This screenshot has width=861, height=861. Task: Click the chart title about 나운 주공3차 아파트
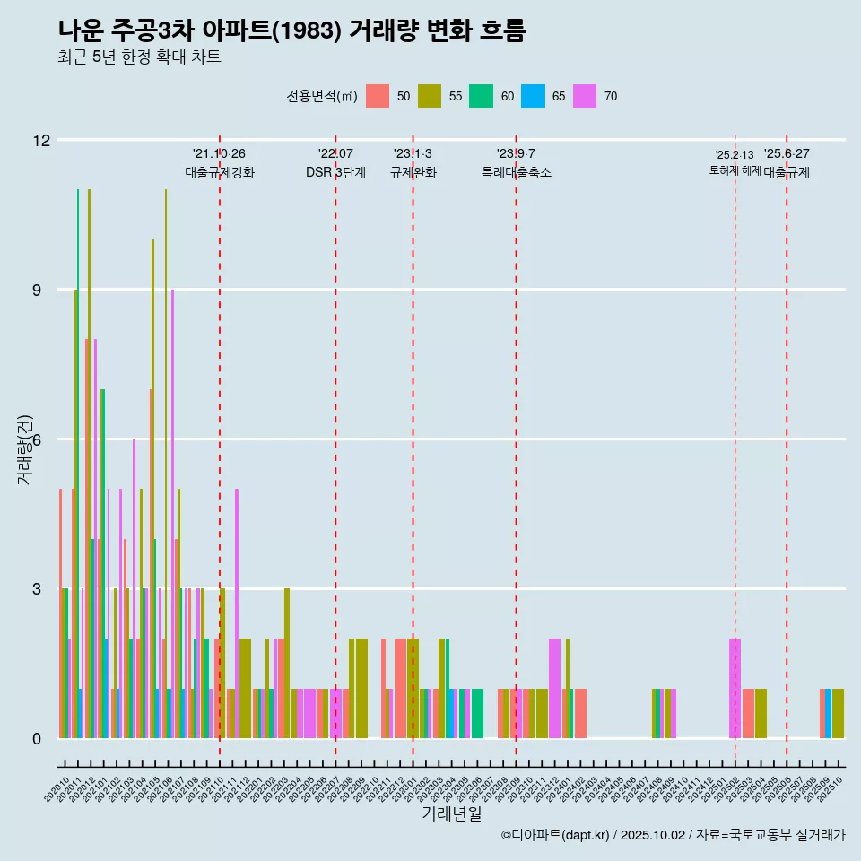tap(291, 30)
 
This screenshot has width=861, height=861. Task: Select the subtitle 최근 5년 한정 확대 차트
tap(139, 57)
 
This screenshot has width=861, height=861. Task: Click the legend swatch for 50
tap(378, 96)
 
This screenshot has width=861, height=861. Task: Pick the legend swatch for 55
tap(430, 96)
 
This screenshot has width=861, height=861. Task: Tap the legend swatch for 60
tap(482, 96)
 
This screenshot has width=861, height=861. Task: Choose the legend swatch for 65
tap(534, 96)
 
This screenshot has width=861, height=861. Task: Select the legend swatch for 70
tap(585, 96)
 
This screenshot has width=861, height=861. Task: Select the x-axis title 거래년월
tap(451, 814)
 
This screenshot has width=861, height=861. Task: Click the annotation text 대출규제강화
tap(220, 172)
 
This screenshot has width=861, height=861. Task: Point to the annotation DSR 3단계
tap(335, 172)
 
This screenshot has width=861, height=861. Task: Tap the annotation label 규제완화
tap(413, 172)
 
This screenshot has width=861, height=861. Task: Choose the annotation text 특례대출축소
tap(516, 172)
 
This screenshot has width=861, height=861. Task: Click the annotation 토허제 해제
tap(735, 170)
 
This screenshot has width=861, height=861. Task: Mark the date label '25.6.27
tap(787, 153)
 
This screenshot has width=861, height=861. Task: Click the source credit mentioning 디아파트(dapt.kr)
tap(673, 835)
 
